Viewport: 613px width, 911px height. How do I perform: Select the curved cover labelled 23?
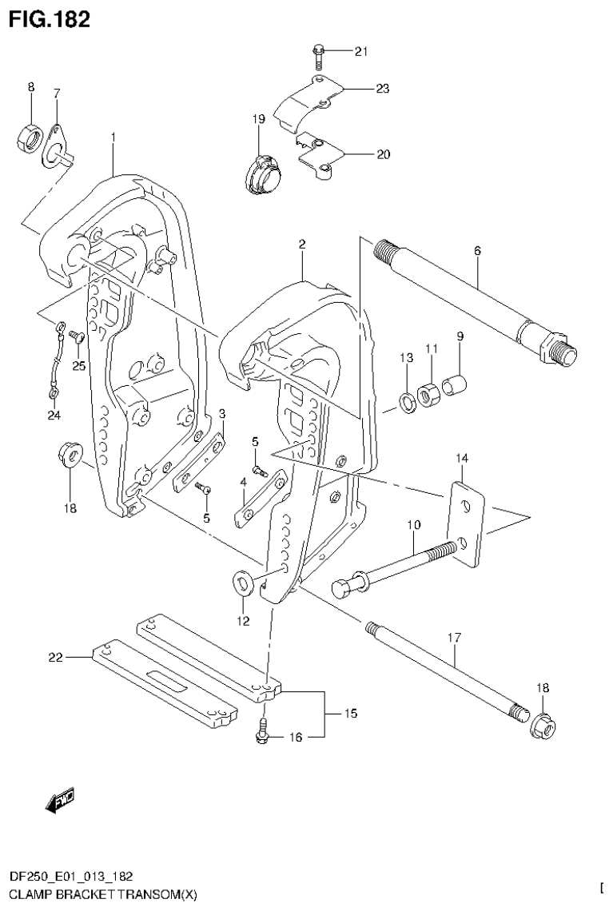pyautogui.click(x=311, y=104)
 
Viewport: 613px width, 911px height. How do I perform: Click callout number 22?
pyautogui.click(x=54, y=657)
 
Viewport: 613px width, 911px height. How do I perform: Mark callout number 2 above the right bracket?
pyautogui.click(x=302, y=245)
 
